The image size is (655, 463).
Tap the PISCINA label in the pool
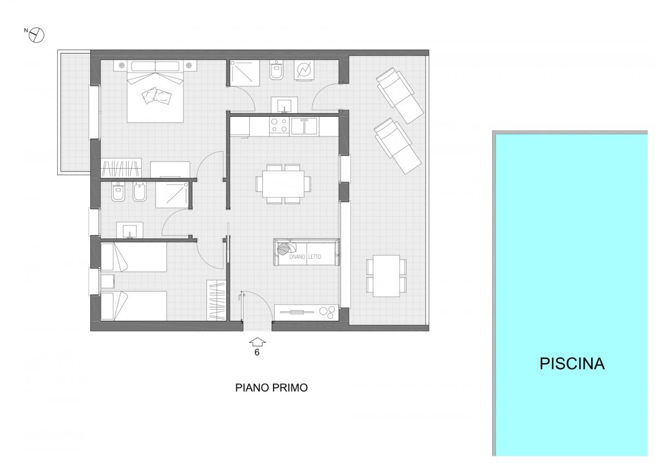click(572, 364)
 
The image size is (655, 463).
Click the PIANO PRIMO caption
click(271, 388)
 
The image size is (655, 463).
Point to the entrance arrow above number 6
click(257, 342)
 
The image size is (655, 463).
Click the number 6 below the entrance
click(257, 353)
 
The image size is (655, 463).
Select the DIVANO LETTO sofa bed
click(306, 252)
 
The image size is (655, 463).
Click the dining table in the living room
click(283, 184)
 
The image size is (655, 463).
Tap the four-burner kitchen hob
click(279, 126)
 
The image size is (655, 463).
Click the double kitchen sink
click(304, 126)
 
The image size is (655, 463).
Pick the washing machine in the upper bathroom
click(304, 70)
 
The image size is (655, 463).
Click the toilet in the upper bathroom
click(276, 70)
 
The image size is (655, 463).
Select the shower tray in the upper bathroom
click(245, 73)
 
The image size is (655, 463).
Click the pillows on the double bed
click(157, 96)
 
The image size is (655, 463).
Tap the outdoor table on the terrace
click(386, 276)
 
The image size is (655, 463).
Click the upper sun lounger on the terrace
click(400, 96)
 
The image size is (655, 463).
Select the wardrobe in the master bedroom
click(121, 168)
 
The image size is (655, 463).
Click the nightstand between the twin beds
click(108, 281)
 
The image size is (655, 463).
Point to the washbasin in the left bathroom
click(130, 230)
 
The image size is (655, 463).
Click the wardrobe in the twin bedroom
click(216, 300)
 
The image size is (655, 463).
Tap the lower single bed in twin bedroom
click(134, 306)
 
